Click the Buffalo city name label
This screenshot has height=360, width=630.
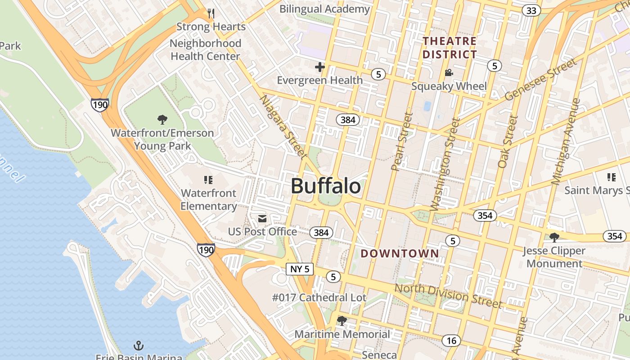pyautogui.click(x=326, y=186)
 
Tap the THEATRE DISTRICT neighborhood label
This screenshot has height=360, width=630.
pyautogui.click(x=449, y=48)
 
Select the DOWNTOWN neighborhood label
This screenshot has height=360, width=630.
pyautogui.click(x=400, y=253)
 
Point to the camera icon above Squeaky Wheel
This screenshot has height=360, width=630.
pyautogui.click(x=449, y=73)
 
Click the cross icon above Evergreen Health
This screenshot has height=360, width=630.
pyautogui.click(x=320, y=67)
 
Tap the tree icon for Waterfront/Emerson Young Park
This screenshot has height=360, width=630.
pyautogui.click(x=162, y=120)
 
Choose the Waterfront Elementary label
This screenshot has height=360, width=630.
pyautogui.click(x=208, y=199)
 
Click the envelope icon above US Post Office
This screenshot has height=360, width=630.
pyautogui.click(x=262, y=219)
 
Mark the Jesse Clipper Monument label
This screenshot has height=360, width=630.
pyautogui.click(x=554, y=257)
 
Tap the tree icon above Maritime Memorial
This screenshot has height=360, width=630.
pyautogui.click(x=342, y=321)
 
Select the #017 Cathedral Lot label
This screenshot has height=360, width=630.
pyautogui.click(x=319, y=297)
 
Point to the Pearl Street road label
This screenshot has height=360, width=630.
pyautogui.click(x=402, y=142)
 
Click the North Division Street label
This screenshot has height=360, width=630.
pyautogui.click(x=448, y=295)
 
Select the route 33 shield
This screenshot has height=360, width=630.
pyautogui.click(x=531, y=10)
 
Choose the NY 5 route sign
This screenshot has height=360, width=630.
pyautogui.click(x=300, y=269)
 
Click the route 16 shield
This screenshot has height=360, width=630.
pyautogui.click(x=451, y=341)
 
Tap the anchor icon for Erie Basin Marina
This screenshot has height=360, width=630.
pyautogui.click(x=139, y=346)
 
